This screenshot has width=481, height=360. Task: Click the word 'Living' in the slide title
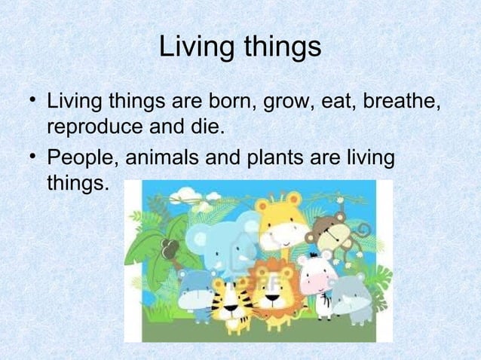(195, 48)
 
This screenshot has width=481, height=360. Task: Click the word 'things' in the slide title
(278, 48)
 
